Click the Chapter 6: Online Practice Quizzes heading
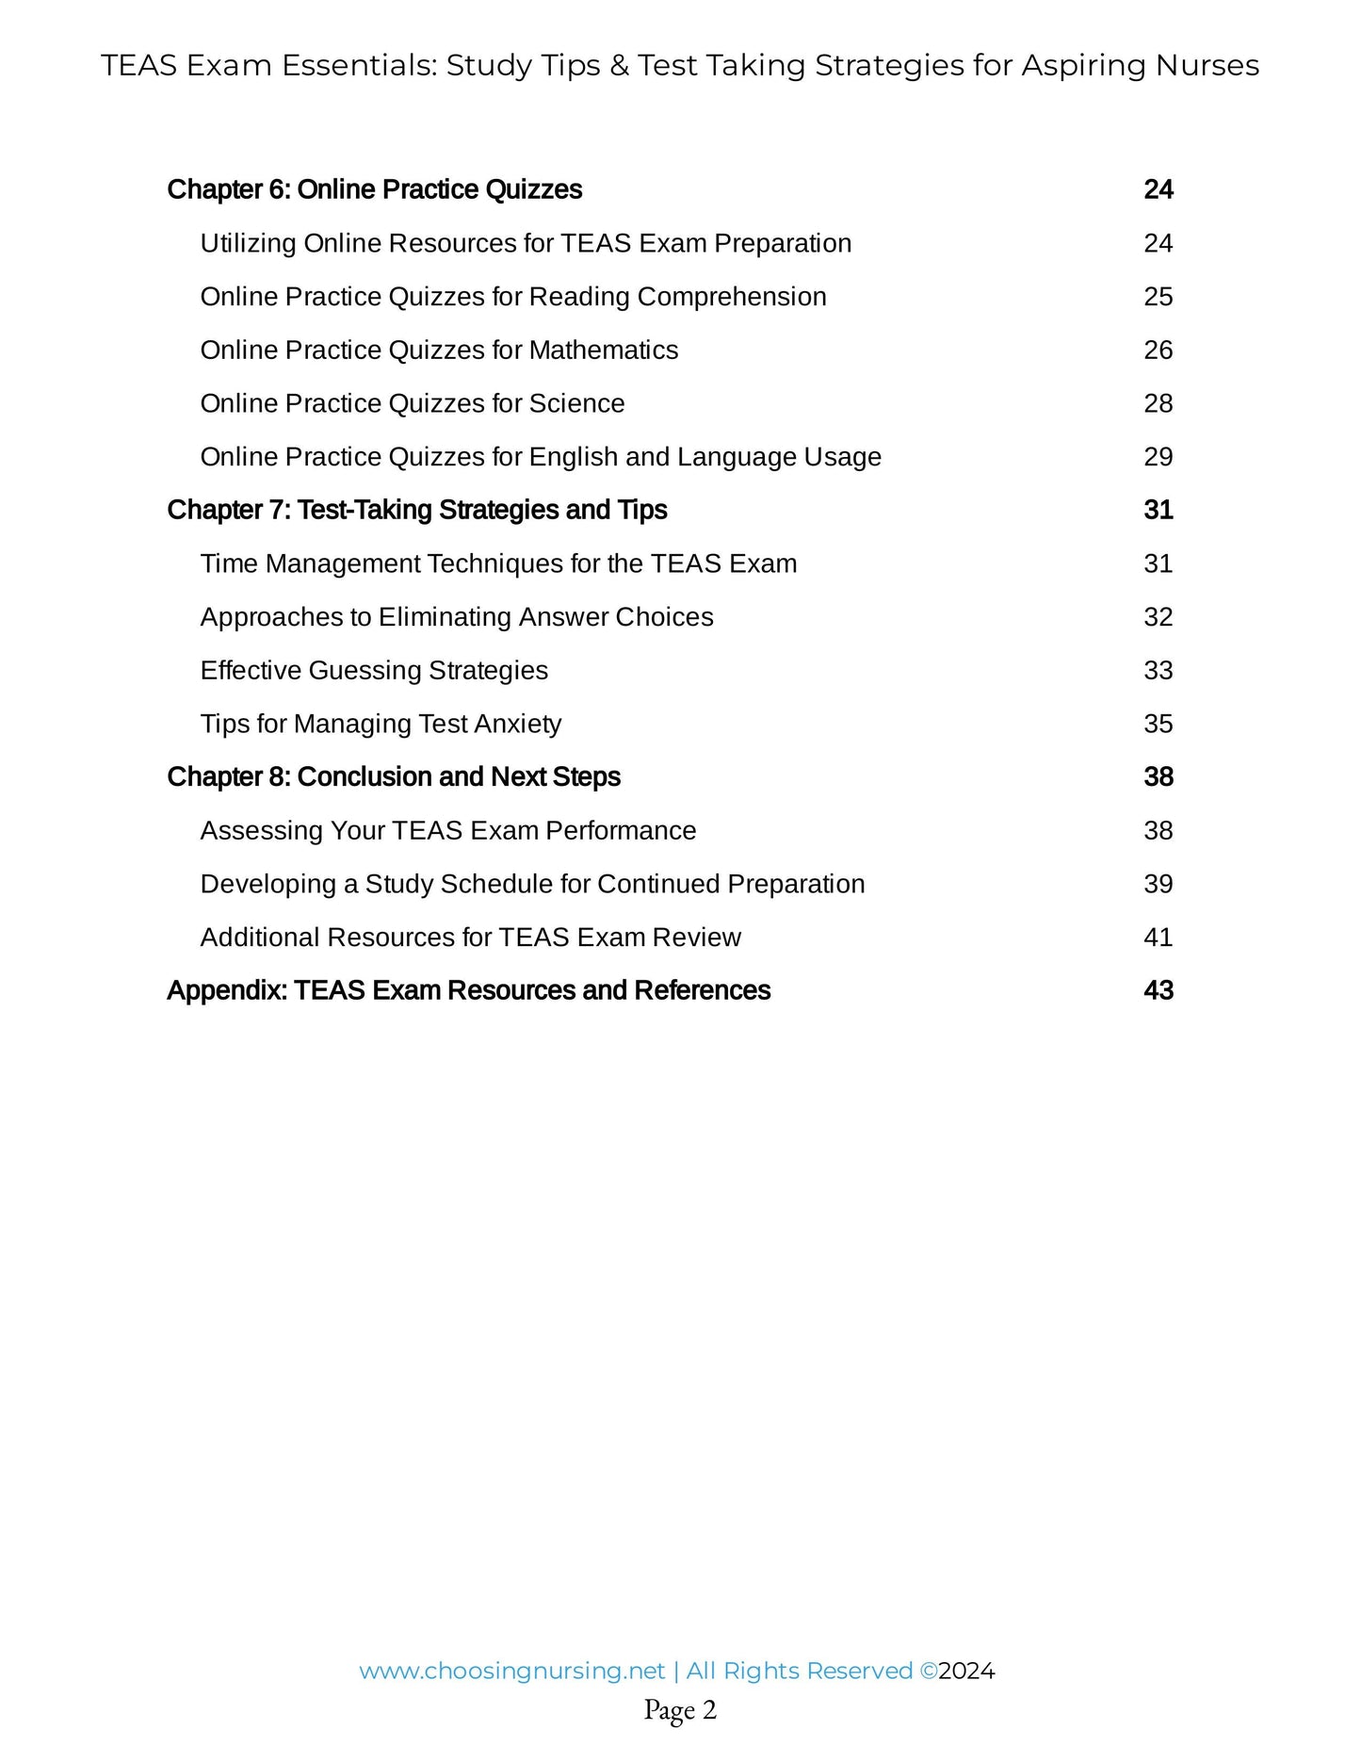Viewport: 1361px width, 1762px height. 374,189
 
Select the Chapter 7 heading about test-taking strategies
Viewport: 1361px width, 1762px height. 416,510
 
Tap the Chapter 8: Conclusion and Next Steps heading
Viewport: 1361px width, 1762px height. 394,776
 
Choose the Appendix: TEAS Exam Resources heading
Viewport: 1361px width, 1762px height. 468,990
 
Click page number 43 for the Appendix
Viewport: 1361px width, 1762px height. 1158,990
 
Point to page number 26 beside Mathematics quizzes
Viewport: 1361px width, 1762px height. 1158,350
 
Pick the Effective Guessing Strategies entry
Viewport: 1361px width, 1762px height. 374,670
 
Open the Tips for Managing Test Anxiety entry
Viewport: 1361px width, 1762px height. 381,724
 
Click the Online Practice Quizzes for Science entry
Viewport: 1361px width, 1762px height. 413,403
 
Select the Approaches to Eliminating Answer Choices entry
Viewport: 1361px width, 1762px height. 457,617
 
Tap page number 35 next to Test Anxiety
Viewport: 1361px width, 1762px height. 1158,724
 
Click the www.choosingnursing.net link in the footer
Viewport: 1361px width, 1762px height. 511,1671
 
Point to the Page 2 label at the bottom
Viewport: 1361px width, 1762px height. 680,1709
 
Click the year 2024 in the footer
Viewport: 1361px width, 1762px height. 966,1671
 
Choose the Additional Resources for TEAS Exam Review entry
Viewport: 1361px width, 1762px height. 470,938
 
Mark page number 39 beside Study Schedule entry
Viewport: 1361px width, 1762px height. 1158,884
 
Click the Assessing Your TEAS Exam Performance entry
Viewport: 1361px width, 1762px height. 448,830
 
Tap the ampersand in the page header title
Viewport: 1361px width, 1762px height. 619,65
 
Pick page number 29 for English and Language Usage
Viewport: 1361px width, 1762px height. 1158,457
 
